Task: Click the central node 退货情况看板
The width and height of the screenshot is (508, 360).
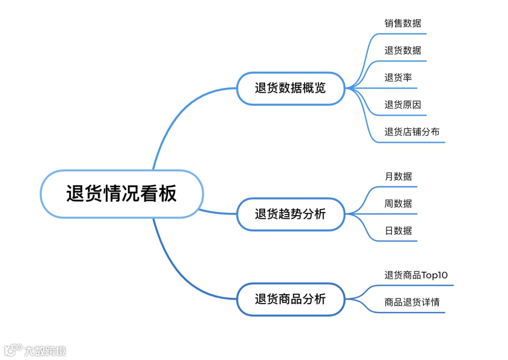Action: pyautogui.click(x=121, y=194)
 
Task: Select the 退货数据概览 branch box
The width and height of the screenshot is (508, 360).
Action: pyautogui.click(x=290, y=88)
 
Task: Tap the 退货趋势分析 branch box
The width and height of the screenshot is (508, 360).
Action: pyautogui.click(x=290, y=214)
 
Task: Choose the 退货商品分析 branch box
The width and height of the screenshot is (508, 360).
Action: pyautogui.click(x=290, y=299)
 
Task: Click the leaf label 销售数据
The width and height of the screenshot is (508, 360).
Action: pyautogui.click(x=403, y=23)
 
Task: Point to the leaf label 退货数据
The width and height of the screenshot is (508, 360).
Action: pyautogui.click(x=403, y=50)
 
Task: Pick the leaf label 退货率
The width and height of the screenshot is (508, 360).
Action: pyautogui.click(x=398, y=78)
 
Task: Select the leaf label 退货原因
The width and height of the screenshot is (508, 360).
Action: pyautogui.click(x=403, y=104)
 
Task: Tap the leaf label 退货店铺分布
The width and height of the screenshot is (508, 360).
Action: pyautogui.click(x=412, y=132)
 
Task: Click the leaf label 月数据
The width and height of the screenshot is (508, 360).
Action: pyautogui.click(x=398, y=176)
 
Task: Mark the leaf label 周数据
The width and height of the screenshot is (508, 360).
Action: pyautogui.click(x=398, y=204)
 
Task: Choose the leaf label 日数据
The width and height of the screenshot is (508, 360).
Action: pyautogui.click(x=398, y=231)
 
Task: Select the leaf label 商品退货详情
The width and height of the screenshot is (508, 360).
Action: pyautogui.click(x=412, y=302)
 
